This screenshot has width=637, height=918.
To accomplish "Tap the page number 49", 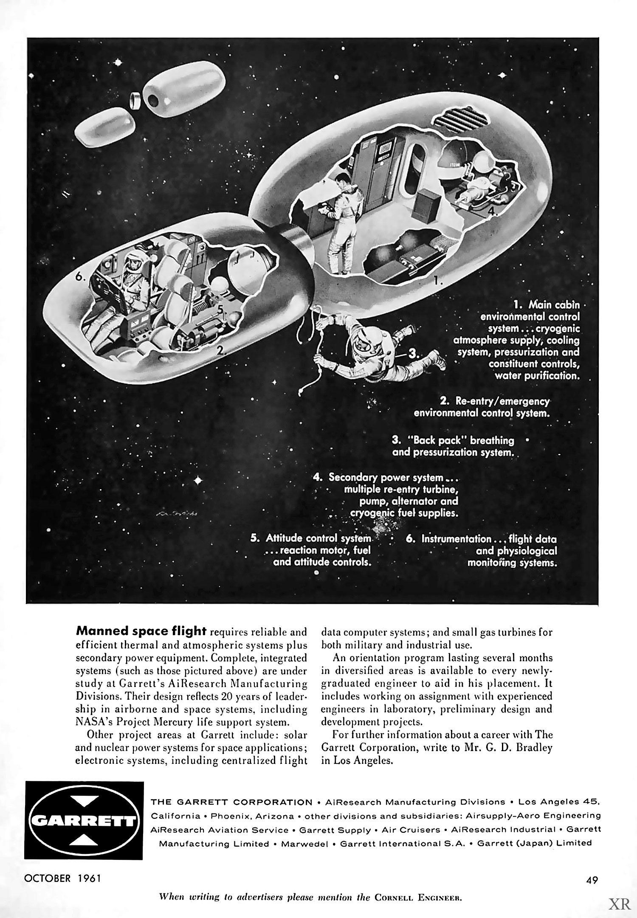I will click(x=592, y=880).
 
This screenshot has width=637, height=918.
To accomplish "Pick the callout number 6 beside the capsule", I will click(x=80, y=276).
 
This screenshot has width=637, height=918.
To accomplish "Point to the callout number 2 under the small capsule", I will click(x=220, y=350).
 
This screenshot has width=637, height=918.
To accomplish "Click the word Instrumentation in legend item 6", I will click(x=456, y=539).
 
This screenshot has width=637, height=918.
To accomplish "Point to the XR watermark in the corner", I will click(x=620, y=903).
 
